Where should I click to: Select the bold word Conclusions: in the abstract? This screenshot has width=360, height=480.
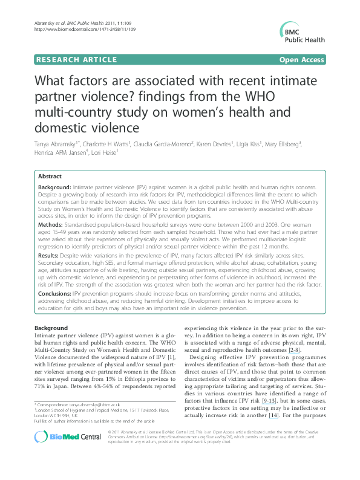(59, 293)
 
